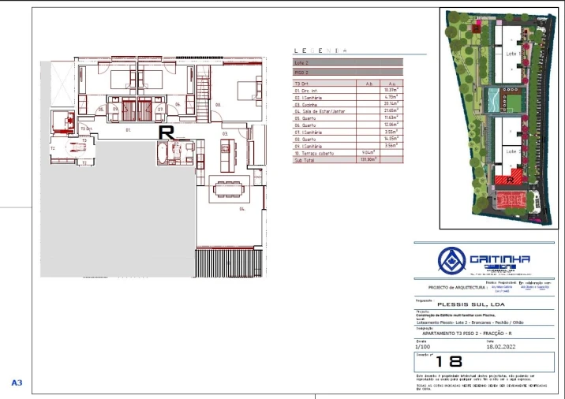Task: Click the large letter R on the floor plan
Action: pos(166,132)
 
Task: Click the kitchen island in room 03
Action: pos(220,156)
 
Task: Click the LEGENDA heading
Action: pos(324,51)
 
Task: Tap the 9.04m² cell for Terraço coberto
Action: pos(366,153)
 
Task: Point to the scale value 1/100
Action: pos(425,345)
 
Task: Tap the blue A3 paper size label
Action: pos(17,383)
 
